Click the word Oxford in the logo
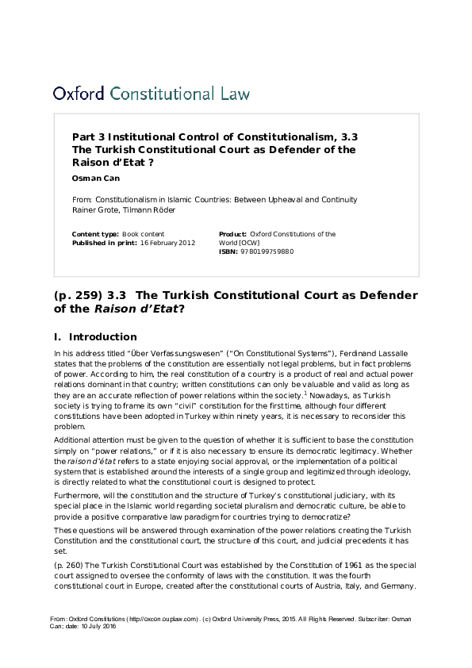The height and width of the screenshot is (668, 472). [79, 94]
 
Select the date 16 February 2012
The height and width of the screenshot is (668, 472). [167, 243]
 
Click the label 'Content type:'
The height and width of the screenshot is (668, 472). [95, 234]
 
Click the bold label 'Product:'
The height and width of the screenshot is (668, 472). [232, 234]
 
